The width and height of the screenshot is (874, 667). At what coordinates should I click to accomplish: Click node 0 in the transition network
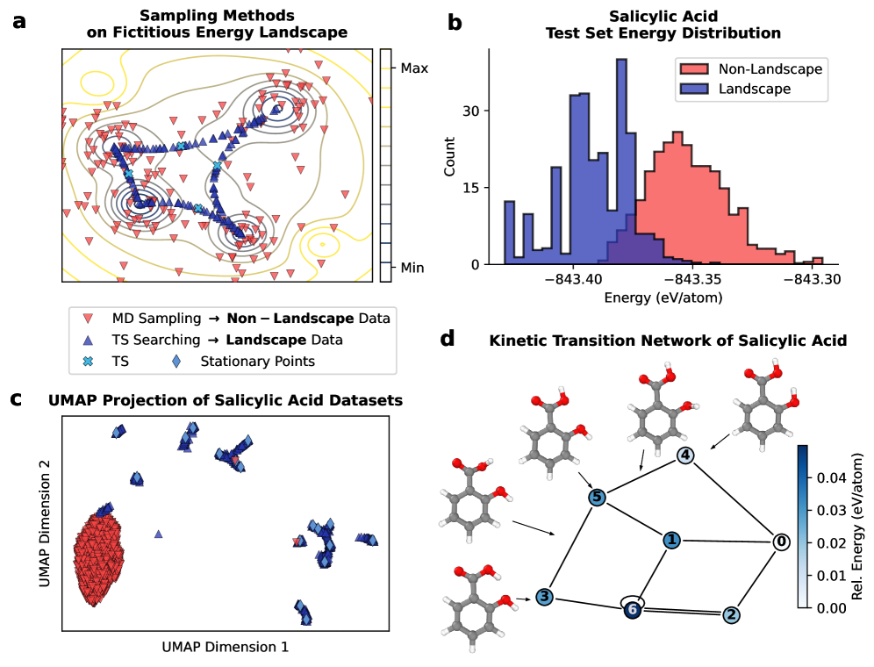click(x=779, y=541)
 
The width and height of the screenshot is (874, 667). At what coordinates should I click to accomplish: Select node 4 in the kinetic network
click(x=686, y=455)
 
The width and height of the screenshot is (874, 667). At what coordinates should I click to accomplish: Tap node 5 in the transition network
click(x=597, y=498)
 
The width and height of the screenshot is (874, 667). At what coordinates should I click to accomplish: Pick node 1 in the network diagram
click(x=671, y=540)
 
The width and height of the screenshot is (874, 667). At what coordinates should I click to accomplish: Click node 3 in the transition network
click(x=544, y=597)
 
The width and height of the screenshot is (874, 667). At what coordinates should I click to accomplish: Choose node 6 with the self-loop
click(x=632, y=612)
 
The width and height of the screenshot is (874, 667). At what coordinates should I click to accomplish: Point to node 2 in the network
click(x=730, y=614)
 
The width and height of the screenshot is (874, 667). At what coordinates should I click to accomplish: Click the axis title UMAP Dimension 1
click(x=226, y=647)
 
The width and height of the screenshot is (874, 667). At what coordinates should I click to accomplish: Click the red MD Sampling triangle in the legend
click(x=86, y=318)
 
